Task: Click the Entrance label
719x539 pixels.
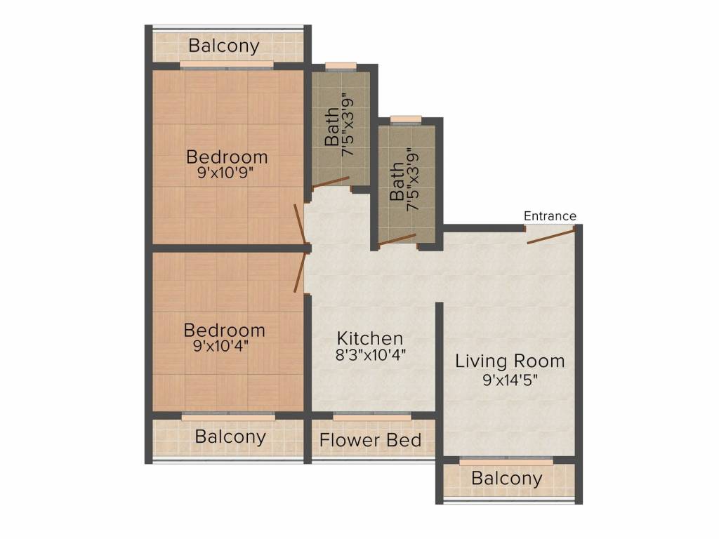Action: click(550, 216)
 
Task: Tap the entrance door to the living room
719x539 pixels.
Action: click(550, 236)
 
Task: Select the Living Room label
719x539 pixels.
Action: click(510, 361)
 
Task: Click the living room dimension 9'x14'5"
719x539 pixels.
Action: click(510, 380)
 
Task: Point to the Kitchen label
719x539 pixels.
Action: click(370, 338)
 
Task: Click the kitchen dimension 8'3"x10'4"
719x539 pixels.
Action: click(371, 354)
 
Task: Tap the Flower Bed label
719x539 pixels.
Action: click(371, 440)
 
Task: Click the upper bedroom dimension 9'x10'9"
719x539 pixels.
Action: click(225, 173)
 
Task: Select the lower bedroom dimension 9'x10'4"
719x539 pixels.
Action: click(221, 345)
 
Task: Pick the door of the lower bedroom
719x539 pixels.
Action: click(301, 274)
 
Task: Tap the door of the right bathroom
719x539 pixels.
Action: click(397, 240)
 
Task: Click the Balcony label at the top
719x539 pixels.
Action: click(224, 46)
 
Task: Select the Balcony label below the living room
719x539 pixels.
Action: click(507, 479)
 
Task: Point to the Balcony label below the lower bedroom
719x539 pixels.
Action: click(230, 437)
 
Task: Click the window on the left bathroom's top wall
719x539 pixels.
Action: click(341, 67)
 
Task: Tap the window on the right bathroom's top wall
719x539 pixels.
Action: click(406, 119)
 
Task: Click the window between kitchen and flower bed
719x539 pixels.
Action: click(372, 416)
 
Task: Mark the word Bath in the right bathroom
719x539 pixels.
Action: click(397, 182)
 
